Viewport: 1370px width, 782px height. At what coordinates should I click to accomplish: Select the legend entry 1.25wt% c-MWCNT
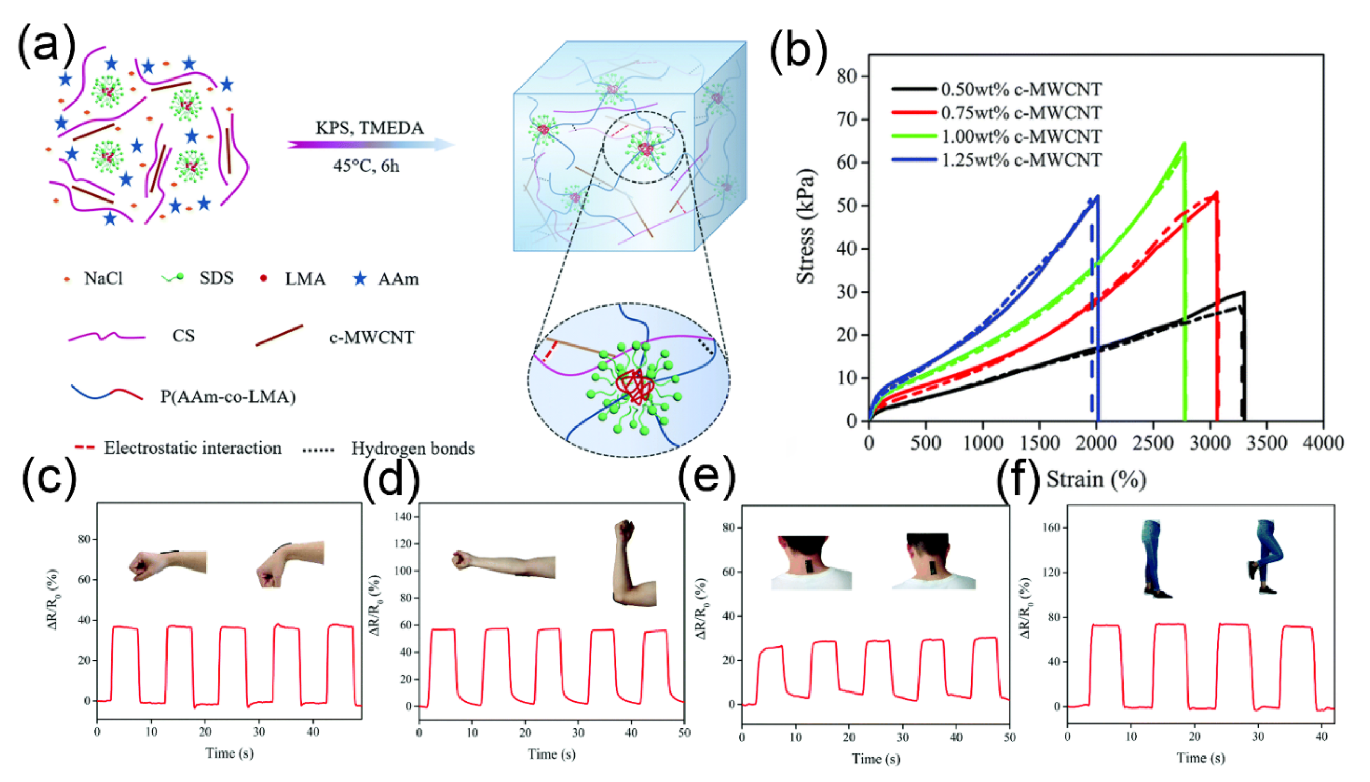coord(1021,159)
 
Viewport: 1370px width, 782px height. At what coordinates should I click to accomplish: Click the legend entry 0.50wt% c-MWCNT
coord(1021,89)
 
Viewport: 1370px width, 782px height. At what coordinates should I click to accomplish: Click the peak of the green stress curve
coord(1184,143)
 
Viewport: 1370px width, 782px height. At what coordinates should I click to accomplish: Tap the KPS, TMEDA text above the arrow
coord(369,128)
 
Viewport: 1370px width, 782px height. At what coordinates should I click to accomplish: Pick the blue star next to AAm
coord(360,279)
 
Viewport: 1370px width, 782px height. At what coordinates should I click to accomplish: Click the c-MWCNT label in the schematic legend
coord(372,337)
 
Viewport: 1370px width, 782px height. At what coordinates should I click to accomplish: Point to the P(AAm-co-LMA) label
coord(228,397)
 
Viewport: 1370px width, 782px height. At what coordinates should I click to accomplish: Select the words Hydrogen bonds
coord(413,448)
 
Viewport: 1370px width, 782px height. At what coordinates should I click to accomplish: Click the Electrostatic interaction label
coord(192,448)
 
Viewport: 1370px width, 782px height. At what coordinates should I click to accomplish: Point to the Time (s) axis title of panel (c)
coord(229,753)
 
